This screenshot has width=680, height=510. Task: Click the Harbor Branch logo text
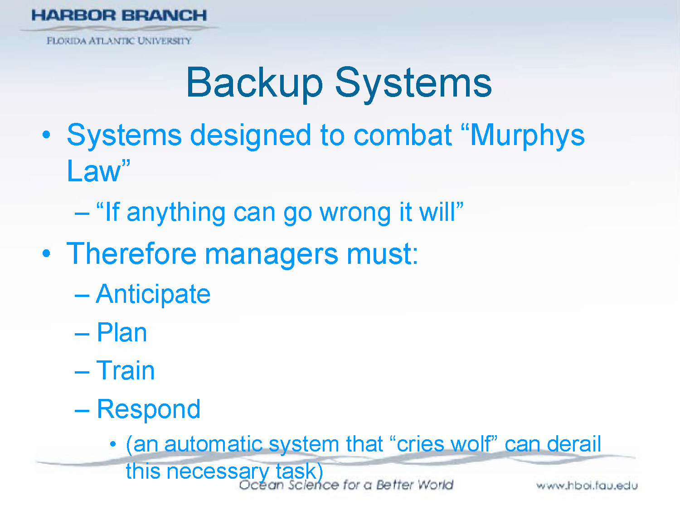point(119,15)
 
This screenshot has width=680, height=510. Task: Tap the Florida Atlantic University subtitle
point(119,41)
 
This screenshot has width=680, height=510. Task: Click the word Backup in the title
point(254,83)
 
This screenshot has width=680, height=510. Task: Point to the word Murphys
point(527,136)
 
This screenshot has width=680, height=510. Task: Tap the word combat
point(403,136)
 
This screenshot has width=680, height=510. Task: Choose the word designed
point(251,136)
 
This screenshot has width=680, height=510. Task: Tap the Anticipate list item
point(153,295)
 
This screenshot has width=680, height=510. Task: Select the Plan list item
point(122,333)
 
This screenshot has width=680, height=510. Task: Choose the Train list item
point(126,371)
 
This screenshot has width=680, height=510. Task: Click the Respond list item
point(149,410)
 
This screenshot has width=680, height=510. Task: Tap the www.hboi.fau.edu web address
point(587,486)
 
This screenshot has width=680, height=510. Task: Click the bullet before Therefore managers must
point(46,253)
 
